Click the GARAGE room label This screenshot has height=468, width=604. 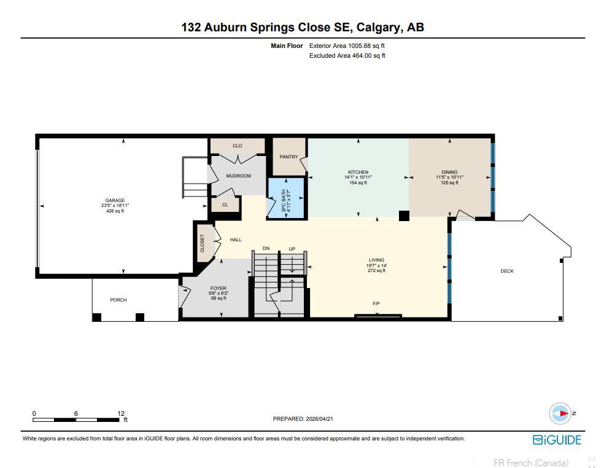(115, 200)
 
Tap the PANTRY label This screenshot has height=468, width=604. (289, 157)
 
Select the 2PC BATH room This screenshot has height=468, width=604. (287, 198)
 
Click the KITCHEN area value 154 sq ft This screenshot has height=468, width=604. (358, 183)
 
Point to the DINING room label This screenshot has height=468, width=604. (449, 172)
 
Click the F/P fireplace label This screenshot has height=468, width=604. (376, 304)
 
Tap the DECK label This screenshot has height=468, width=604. (507, 271)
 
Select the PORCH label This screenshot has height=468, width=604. (118, 300)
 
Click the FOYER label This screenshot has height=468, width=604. (219, 288)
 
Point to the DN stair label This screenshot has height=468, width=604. (266, 248)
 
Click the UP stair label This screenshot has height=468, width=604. (292, 249)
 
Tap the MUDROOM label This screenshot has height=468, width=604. (238, 176)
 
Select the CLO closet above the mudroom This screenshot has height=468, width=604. (238, 146)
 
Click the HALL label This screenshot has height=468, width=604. (236, 240)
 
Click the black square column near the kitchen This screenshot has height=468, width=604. (404, 216)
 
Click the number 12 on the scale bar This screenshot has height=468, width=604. (121, 413)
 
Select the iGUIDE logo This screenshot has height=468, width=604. (557, 440)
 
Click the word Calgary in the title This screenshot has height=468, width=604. (378, 28)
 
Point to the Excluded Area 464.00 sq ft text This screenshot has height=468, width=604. (347, 55)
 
